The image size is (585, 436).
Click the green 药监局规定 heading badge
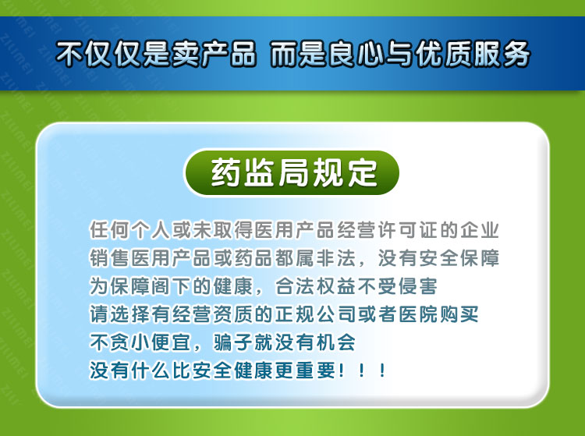pos(292,172)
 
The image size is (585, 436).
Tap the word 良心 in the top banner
pos(356,55)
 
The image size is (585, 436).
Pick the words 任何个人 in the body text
pos(129,230)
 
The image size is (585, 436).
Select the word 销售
pos(109,258)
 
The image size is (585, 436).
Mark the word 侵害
pos(418,286)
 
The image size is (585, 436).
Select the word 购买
pos(459,314)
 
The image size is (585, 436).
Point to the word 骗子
pos(232,342)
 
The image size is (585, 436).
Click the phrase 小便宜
pos(161,342)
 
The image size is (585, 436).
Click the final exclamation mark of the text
pos(381,370)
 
